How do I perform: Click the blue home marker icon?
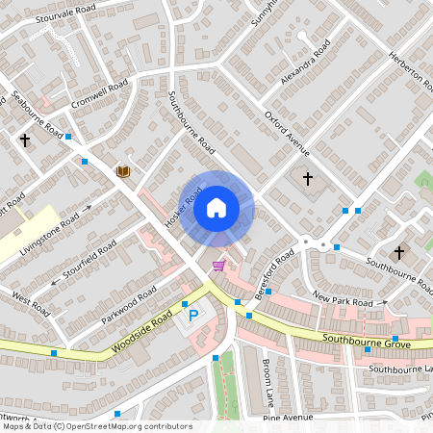[x=216, y=207]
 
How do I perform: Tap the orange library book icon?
[x=122, y=172]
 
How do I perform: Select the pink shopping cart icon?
[x=219, y=266]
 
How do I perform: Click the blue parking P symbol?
[x=193, y=314]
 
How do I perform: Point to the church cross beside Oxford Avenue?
[x=308, y=179]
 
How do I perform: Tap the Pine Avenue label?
[x=288, y=418]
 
